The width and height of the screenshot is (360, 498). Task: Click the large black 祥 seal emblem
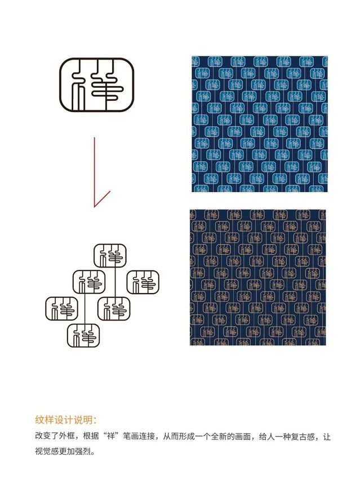click(96, 85)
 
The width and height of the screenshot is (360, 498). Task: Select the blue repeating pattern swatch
click(260, 124)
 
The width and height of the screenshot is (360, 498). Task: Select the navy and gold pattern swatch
click(258, 277)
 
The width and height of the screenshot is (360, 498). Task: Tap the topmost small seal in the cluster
click(110, 256)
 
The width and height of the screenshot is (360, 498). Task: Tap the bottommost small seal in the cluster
click(83, 335)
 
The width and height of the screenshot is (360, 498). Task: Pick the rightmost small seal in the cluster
click(143, 282)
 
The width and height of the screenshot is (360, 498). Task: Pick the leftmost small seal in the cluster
click(61, 309)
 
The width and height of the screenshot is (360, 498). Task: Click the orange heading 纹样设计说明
click(65, 420)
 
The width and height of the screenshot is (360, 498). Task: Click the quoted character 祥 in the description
click(110, 436)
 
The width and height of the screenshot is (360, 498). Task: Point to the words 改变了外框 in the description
click(55, 436)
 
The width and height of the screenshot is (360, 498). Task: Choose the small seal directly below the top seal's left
click(89, 282)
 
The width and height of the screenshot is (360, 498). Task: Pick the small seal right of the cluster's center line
click(114, 309)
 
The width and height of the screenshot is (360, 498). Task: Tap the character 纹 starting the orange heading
click(39, 420)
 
